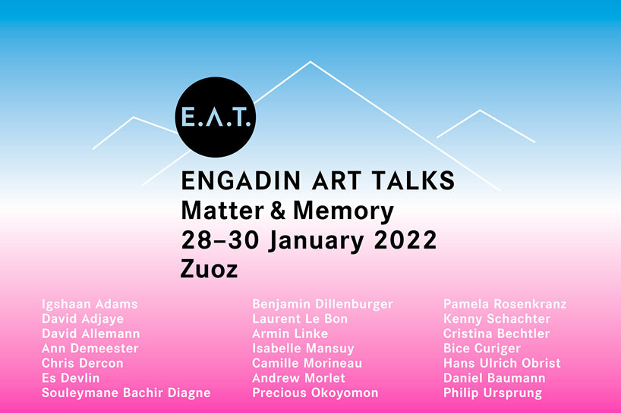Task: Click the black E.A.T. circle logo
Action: [215, 117]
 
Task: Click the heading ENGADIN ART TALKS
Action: [317, 181]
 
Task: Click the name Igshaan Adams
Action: [90, 305]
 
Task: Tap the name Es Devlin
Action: [71, 378]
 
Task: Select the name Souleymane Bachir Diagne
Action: [126, 393]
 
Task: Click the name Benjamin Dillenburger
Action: [323, 305]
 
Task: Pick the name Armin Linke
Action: [290, 333]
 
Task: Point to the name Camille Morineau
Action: [307, 363]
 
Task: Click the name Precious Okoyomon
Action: [315, 393]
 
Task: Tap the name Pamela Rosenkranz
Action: [505, 305]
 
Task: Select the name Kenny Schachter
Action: [496, 319]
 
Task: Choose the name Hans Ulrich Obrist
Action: [502, 363]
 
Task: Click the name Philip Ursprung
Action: [493, 393]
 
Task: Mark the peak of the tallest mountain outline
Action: [310, 62]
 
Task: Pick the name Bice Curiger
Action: [482, 349]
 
